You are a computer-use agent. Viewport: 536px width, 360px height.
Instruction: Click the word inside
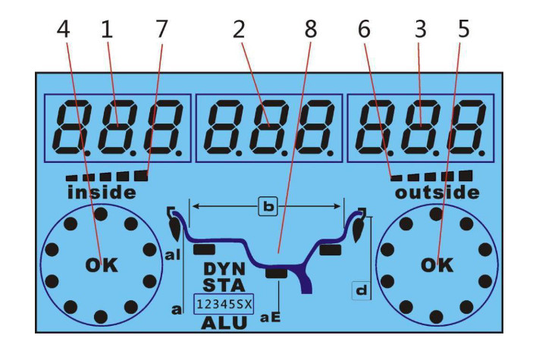[x=102, y=193]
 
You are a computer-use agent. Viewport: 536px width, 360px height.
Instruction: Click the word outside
[x=437, y=193]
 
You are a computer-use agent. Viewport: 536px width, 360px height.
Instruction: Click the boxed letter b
[x=267, y=205]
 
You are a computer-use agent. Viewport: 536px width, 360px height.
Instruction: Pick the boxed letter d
[x=363, y=288]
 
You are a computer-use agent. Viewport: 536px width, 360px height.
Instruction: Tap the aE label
[x=271, y=319]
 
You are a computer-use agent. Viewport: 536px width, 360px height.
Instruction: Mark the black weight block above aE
[x=277, y=273]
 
